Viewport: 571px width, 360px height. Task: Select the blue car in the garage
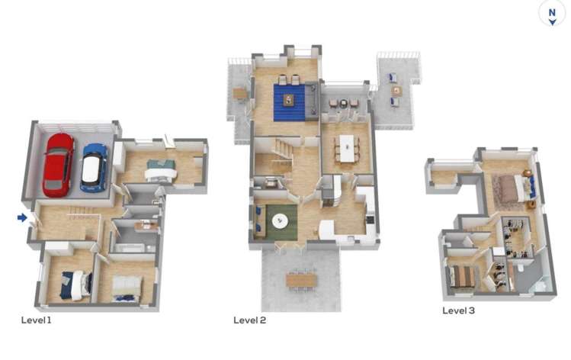point(94,167)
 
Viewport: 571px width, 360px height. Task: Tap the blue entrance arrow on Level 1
point(22,218)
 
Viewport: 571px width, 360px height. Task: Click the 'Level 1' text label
point(36,320)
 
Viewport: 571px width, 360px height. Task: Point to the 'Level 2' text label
point(249,320)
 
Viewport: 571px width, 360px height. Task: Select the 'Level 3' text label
point(459,310)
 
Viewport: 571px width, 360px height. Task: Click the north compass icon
point(551,13)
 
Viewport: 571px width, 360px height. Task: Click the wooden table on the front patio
point(301,280)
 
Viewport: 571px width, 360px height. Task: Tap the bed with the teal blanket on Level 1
point(161,170)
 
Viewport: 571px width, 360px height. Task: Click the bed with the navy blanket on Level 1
point(76,284)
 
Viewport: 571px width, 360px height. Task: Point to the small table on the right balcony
point(396,90)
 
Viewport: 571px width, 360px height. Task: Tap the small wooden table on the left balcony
point(240,94)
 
